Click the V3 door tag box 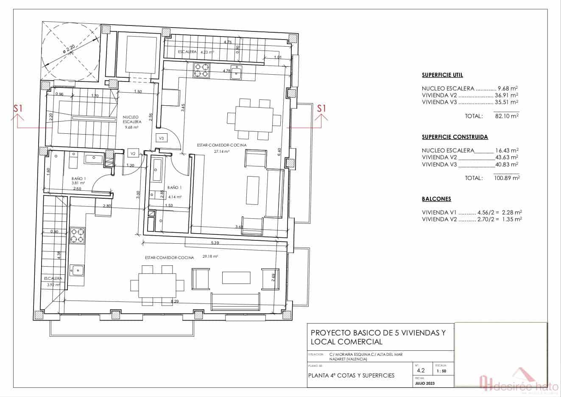point(161,138)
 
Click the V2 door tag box point(133,153)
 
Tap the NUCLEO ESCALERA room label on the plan point(132,119)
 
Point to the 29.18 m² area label point(210,256)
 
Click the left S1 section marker point(18,109)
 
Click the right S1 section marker point(322,108)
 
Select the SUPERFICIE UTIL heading point(442,75)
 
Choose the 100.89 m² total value point(507,178)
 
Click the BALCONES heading point(436,199)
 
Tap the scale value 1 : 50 point(441,371)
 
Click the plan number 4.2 point(421,370)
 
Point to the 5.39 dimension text point(215,243)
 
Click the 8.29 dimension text point(174,301)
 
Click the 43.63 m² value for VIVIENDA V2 point(507,157)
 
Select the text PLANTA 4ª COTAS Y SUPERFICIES point(351,375)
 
